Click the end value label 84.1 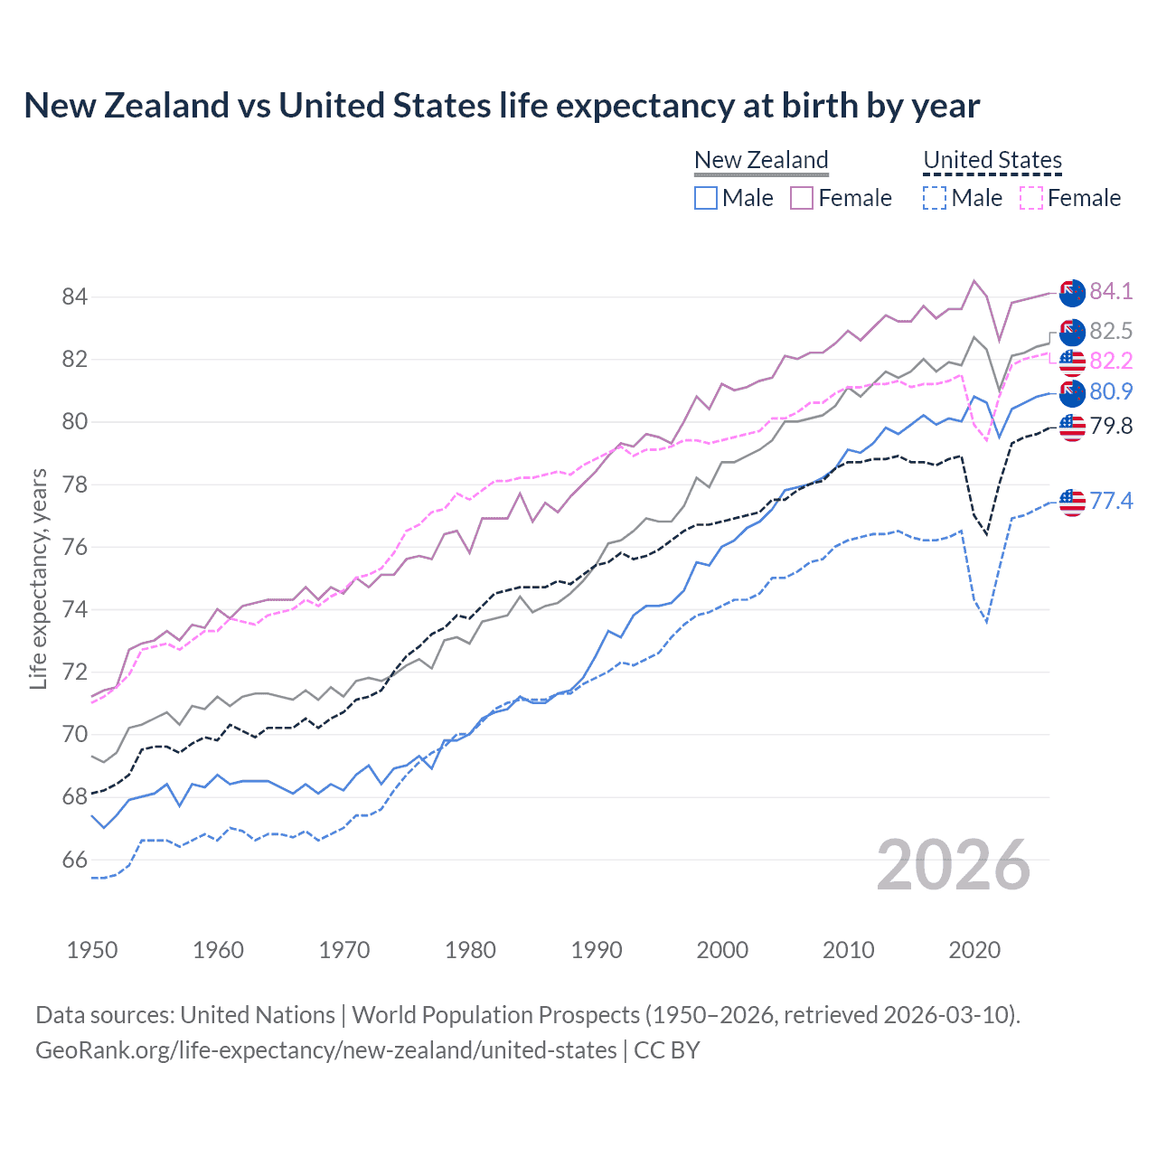click(x=1110, y=291)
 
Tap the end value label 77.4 click(x=1110, y=501)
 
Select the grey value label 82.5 click(x=1110, y=331)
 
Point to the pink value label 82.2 click(x=1110, y=361)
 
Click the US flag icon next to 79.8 click(x=1072, y=427)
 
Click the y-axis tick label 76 click(x=75, y=547)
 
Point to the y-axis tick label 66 click(x=75, y=860)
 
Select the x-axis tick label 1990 click(x=597, y=950)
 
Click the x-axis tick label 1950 click(x=92, y=950)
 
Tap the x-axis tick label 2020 click(x=974, y=950)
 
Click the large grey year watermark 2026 click(x=954, y=865)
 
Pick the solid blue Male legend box click(x=706, y=198)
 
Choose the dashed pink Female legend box click(x=1031, y=198)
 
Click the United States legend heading click(x=992, y=160)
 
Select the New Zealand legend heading click(x=761, y=160)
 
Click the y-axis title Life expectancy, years click(x=38, y=578)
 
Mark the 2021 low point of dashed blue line click(x=987, y=622)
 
